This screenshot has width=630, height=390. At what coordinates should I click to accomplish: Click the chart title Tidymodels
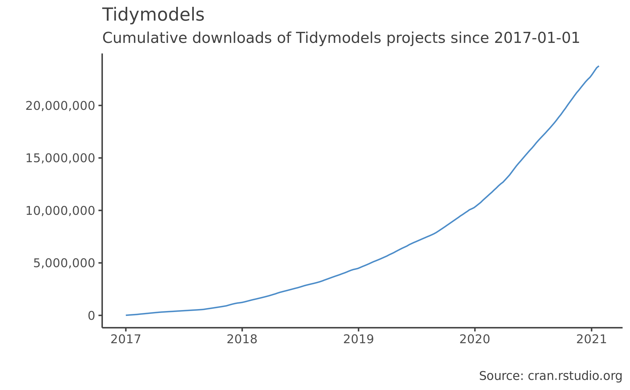click(153, 15)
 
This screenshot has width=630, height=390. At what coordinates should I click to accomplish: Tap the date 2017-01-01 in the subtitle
click(537, 38)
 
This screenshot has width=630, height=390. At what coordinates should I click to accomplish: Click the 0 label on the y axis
click(91, 316)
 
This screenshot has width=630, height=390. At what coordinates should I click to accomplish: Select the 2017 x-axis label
click(126, 340)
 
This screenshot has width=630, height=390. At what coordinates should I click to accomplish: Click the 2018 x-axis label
click(242, 340)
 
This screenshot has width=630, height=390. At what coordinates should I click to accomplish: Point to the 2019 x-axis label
click(358, 340)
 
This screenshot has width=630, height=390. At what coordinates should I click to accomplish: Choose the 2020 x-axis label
click(475, 340)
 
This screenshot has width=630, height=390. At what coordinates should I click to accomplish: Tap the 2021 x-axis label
click(591, 340)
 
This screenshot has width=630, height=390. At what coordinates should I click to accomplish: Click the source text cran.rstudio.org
click(575, 376)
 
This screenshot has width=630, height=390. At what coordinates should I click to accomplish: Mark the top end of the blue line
click(598, 66)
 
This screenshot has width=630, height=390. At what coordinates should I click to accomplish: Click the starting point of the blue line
click(126, 315)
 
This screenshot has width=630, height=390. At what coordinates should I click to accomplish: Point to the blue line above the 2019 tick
click(358, 268)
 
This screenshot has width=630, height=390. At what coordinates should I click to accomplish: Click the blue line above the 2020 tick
click(475, 207)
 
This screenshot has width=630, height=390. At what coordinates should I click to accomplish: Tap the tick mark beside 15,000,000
click(100, 158)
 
